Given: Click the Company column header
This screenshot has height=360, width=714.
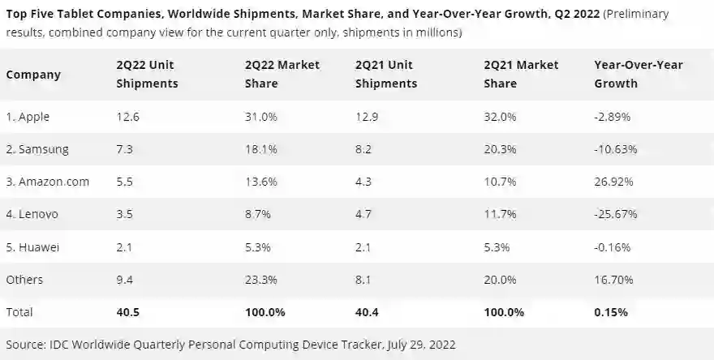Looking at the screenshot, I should [33, 75].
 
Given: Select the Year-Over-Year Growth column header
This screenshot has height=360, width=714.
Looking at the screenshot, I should [639, 74].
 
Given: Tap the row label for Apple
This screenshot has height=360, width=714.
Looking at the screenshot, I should [28, 117].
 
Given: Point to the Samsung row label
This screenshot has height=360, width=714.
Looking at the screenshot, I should [37, 149].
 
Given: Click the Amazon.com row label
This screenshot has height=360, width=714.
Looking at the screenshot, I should [46, 182].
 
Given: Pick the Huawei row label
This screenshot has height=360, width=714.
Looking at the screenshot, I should [33, 246].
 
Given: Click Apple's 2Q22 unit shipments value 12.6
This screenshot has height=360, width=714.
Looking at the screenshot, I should [127, 117].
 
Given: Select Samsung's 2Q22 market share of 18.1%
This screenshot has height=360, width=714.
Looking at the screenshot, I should [261, 149].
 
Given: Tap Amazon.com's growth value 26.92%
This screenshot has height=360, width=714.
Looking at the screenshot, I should [613, 182].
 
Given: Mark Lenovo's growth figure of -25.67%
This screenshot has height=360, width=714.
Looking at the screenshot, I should [614, 214].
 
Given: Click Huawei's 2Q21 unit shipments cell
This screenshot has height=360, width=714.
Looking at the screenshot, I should [365, 246].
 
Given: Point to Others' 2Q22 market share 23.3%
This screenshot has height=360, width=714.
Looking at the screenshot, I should [261, 279].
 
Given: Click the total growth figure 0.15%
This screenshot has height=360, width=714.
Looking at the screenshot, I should [613, 311].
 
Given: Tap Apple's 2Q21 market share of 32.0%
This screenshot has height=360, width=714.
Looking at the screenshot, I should [501, 117].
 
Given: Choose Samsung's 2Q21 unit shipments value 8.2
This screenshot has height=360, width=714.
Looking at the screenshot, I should [365, 149].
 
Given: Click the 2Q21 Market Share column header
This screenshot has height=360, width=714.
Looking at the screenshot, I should [519, 74].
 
